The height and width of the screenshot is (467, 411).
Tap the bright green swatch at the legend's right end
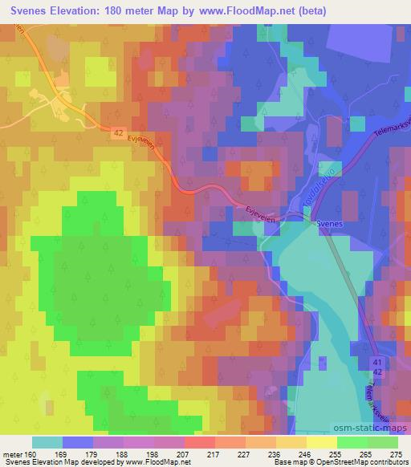tap(383, 442)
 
